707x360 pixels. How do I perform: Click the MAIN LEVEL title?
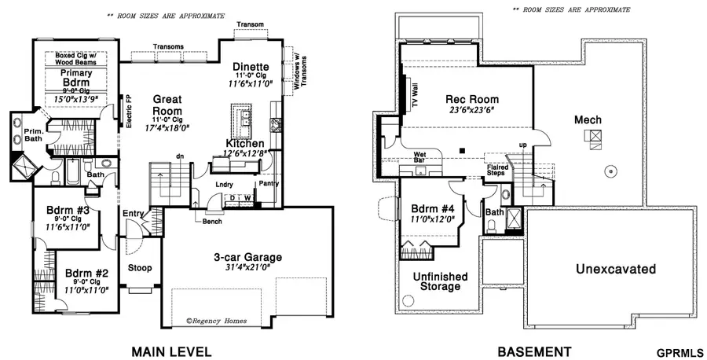point(172,351)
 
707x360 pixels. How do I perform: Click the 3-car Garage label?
point(247,257)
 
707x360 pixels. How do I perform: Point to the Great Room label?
point(167,105)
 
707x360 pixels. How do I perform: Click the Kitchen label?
point(245,144)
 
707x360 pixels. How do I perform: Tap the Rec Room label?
point(467,100)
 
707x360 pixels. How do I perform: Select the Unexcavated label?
point(615,270)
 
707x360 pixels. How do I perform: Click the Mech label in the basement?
point(588,120)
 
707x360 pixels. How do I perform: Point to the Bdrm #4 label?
point(433,209)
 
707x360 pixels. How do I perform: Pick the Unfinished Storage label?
point(440,281)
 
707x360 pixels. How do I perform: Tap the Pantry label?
point(269,183)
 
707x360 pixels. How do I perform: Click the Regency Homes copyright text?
point(218,320)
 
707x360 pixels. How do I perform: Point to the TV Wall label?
point(416,97)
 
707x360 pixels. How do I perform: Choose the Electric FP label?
point(129,112)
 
